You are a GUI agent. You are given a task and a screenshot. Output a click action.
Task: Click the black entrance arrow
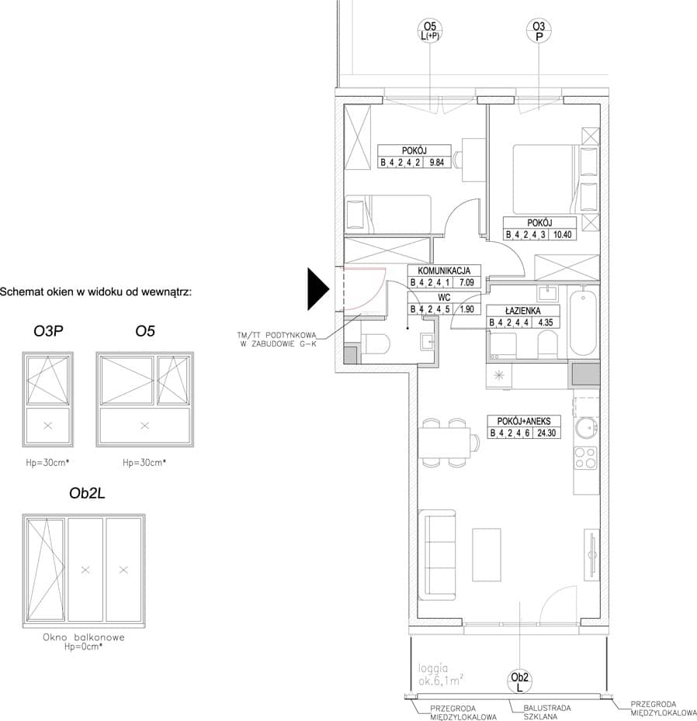point(317,289)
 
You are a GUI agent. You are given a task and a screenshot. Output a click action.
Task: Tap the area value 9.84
point(436,162)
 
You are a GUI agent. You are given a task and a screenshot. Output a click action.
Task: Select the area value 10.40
point(562,234)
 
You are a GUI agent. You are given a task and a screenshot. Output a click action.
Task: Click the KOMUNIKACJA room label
point(444,271)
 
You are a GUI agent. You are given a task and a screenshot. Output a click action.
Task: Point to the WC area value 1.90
point(466,309)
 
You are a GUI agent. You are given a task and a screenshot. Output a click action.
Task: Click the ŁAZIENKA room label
point(522,311)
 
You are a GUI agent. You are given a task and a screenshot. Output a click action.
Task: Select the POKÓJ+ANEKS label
point(523,421)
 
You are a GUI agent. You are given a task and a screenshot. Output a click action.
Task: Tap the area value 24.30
point(546,433)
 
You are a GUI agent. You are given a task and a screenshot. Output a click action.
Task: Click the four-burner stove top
point(585,458)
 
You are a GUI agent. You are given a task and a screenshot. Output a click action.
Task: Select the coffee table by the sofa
point(487,554)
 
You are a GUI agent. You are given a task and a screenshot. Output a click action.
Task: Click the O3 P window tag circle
point(539,31)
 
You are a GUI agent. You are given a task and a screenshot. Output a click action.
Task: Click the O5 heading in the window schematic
point(145,331)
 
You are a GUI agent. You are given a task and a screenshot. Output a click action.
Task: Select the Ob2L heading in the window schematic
point(87,493)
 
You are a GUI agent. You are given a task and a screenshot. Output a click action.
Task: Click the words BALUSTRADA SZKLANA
point(547,712)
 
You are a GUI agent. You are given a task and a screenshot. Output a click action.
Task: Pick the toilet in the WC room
point(376,343)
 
